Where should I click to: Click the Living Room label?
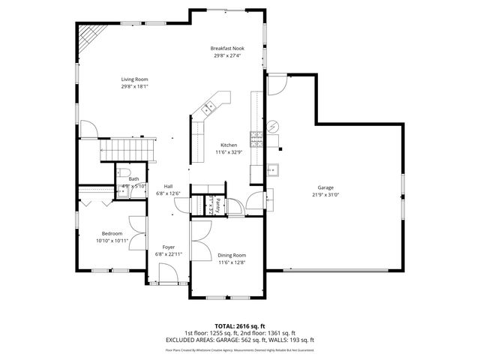[x=135, y=79]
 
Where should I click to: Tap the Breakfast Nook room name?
[x=226, y=47]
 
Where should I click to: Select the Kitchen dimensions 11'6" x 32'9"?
[x=228, y=152]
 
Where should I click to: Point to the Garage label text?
[x=325, y=187]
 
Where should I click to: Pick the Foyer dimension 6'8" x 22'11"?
[x=169, y=254]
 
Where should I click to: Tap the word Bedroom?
[x=112, y=233]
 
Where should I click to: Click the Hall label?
[x=169, y=186]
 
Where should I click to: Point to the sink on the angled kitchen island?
[x=208, y=107]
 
